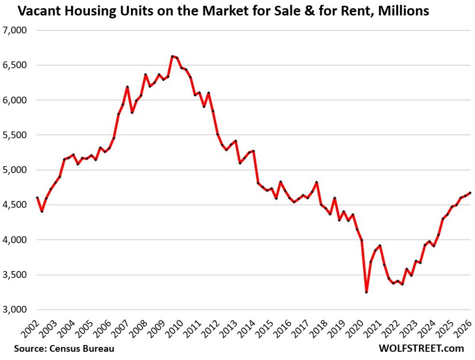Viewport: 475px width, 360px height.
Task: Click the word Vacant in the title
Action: (x=34, y=11)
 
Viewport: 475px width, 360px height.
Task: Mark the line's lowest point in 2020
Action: (x=366, y=292)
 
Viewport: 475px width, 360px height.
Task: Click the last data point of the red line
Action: (x=469, y=192)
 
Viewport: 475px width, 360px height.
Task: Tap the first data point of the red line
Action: (x=37, y=197)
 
